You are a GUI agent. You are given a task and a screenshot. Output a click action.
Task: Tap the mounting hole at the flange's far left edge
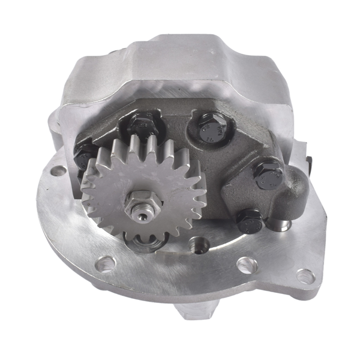(58, 172)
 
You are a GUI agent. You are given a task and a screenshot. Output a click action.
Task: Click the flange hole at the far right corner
(305, 277)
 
